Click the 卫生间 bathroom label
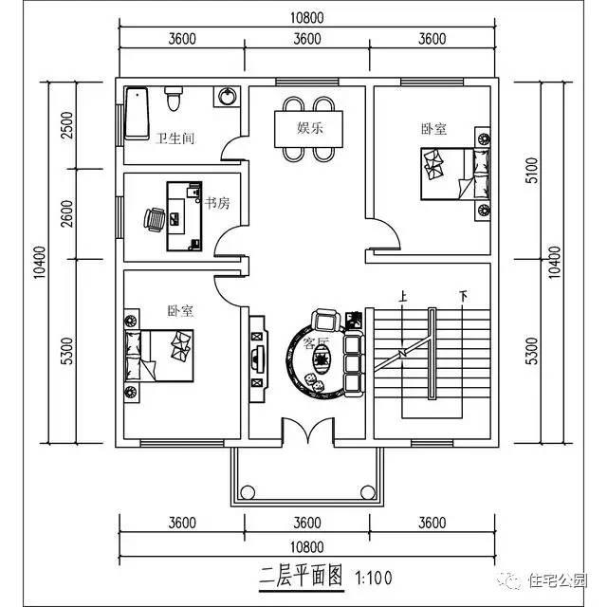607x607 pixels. point(175,138)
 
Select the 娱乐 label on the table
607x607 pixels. point(310,127)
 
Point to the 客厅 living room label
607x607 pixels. point(316,343)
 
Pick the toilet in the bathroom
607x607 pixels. point(173,99)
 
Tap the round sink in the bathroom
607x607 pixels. point(229,97)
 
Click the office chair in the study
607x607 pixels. point(155,218)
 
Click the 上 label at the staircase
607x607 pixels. point(403,295)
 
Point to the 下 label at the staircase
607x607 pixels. point(464,295)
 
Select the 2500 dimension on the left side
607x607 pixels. point(65,125)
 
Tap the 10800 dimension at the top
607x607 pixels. point(307,17)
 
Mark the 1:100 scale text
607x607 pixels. point(373,576)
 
